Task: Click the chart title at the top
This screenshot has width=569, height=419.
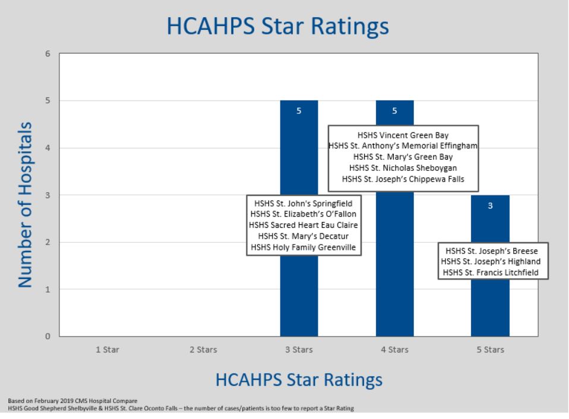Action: point(277,27)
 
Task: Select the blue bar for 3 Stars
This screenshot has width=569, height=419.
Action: point(299,218)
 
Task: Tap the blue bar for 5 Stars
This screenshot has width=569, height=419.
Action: point(490,266)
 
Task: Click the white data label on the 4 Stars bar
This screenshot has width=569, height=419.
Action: point(394,111)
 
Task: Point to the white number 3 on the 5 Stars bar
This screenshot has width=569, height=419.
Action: point(490,206)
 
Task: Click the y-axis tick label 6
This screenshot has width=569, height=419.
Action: point(48,53)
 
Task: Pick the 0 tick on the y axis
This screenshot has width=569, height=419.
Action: point(48,337)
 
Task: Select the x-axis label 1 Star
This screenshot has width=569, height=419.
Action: point(108,350)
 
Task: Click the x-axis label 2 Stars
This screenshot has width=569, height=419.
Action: point(203,350)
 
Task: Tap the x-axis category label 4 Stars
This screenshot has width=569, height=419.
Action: point(395,350)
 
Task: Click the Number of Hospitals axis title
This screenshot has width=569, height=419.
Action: point(25,205)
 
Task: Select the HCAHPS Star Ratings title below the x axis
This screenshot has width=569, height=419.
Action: point(299,380)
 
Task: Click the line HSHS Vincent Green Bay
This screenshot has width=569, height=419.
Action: point(403,135)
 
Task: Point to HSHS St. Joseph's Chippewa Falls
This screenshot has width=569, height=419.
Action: point(403,179)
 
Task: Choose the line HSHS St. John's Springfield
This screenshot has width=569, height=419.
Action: point(304,204)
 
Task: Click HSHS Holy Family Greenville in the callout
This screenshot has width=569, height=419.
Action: point(304,247)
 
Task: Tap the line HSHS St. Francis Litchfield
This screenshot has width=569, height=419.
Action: point(491,272)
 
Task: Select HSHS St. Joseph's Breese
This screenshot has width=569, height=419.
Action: point(492,251)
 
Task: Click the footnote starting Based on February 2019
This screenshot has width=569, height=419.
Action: point(72,401)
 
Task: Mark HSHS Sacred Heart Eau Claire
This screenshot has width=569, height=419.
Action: point(304,225)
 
